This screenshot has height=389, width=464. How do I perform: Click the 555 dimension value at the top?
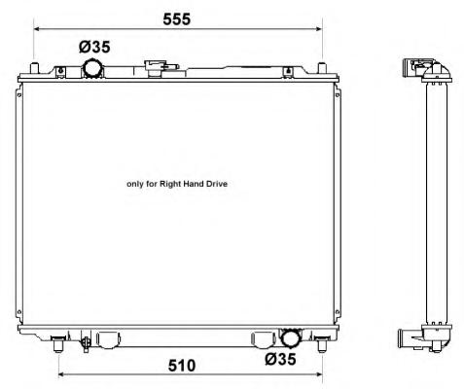tap(177, 19)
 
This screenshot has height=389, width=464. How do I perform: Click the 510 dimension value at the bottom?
tap(182, 366)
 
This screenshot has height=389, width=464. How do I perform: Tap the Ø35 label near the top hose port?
tap(94, 47)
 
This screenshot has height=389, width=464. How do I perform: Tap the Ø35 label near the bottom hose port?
tap(280, 359)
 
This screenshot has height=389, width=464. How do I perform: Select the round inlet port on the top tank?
tap(92, 68)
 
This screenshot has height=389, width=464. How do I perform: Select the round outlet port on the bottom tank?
tap(292, 337)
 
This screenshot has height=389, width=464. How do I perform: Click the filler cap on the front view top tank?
tap(161, 68)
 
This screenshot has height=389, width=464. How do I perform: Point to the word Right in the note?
tap(170, 184)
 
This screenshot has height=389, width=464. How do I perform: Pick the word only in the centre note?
tap(135, 184)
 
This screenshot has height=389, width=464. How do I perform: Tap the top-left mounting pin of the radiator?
tap(35, 68)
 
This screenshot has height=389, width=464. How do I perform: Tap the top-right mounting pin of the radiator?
tap(321, 68)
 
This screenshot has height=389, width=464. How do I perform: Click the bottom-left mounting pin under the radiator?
tap(58, 344)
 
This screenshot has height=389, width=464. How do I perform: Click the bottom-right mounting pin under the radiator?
tap(322, 344)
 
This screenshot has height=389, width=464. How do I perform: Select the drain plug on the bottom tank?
tap(86, 342)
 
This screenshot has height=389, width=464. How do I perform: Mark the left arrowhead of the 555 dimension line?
tap(37, 29)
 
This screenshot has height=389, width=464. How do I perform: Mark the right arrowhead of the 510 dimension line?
tap(319, 374)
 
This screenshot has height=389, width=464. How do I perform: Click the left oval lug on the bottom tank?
tap(109, 340)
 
